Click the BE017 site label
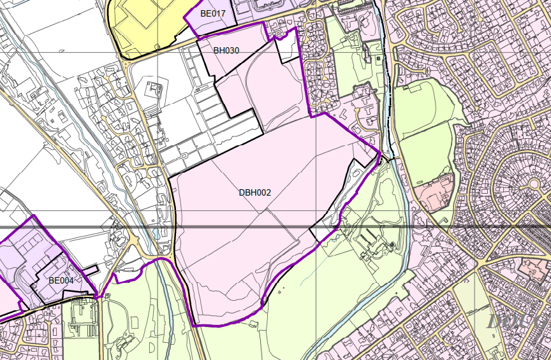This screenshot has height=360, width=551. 213,13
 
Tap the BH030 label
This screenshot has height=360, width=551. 226,50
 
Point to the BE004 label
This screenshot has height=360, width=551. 61,280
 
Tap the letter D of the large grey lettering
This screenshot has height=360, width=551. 497,320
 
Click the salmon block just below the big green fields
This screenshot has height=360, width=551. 436,191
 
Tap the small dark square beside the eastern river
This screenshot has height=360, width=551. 378,59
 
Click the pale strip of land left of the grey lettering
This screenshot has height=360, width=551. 469,306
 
